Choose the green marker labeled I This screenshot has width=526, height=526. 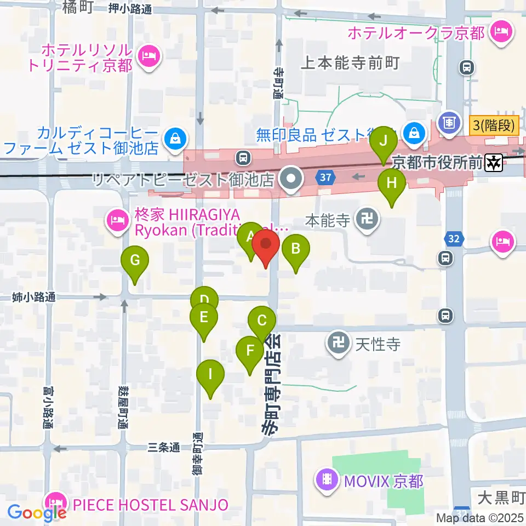(x=210, y=376)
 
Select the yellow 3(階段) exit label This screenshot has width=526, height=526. (x=493, y=126)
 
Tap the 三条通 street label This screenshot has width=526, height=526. (x=164, y=448)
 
